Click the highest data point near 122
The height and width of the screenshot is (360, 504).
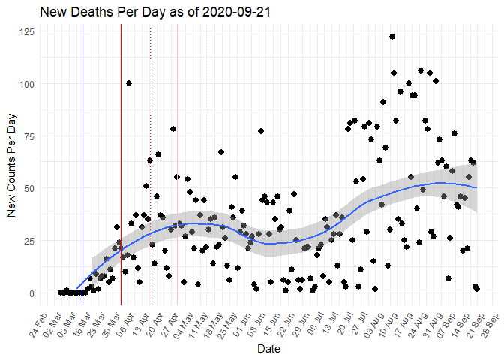[x=392, y=37]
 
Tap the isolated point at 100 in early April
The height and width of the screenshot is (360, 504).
[x=129, y=83]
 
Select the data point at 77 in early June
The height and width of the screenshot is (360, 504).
[x=261, y=131]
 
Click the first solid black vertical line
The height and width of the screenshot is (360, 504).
[x=82, y=165]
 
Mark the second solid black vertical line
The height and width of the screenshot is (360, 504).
[x=121, y=165]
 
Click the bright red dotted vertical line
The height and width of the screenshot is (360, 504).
[x=150, y=165]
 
